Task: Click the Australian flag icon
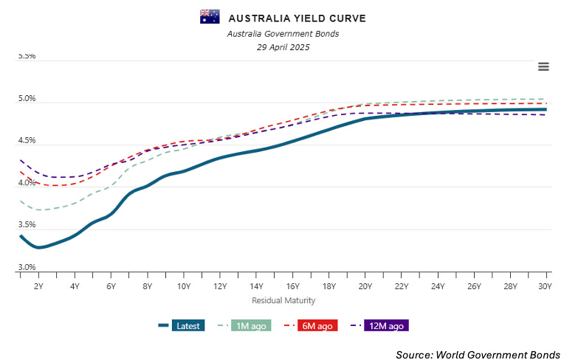click(x=210, y=17)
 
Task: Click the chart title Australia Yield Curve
click(x=297, y=18)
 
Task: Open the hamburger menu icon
click(x=543, y=66)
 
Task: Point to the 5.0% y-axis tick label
click(x=27, y=98)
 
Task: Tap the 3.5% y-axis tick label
click(x=27, y=225)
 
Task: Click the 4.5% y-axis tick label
click(x=27, y=140)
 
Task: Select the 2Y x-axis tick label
click(x=38, y=285)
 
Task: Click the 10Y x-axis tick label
click(x=183, y=285)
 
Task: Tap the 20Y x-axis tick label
click(x=365, y=285)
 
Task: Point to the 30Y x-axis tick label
click(x=546, y=285)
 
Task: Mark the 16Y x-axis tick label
click(x=292, y=285)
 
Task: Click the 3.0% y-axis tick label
click(x=27, y=267)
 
